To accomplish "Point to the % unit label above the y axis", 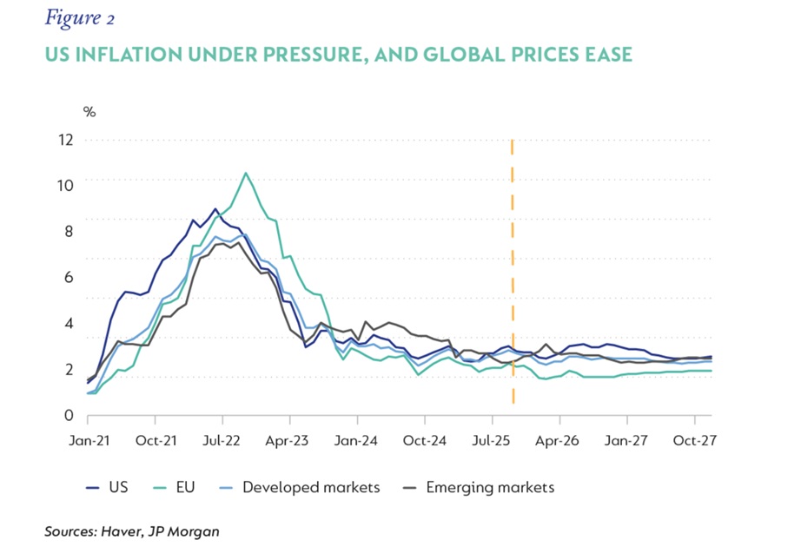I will coord(89,111).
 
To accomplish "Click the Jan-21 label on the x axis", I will coord(89,441).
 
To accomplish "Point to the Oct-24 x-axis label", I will coord(426,441).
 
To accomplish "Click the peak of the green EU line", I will coord(246,173).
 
